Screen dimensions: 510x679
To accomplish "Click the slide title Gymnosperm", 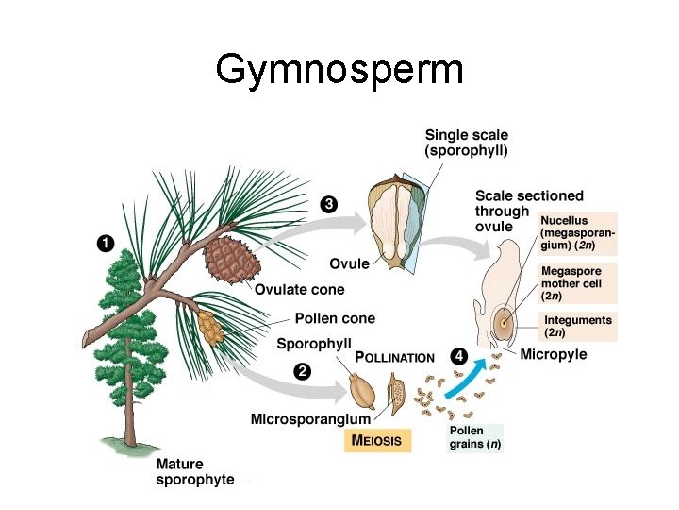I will [x=339, y=69].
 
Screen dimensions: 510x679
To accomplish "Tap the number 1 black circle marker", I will [x=107, y=244].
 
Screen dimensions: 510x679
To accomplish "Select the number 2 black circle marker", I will [x=302, y=371].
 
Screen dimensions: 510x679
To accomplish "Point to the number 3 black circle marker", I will [x=327, y=203].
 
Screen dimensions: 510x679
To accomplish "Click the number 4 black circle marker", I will [x=458, y=357].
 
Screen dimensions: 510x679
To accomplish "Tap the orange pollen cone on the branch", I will [x=210, y=327].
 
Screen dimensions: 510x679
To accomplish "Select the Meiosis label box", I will [x=376, y=440].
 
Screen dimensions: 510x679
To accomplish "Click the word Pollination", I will [x=394, y=358].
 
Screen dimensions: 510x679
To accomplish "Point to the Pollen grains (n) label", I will [x=474, y=437].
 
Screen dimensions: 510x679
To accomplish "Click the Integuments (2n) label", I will [x=577, y=326].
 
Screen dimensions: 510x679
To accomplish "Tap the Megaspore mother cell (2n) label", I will [x=571, y=282].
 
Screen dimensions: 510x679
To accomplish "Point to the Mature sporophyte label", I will [x=195, y=472].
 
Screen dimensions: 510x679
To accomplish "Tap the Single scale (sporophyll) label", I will [x=467, y=143].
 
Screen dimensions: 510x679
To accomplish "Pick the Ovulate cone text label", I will [x=300, y=289].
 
